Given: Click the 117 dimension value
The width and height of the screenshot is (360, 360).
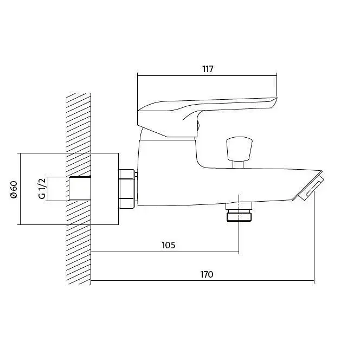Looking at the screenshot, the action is (x=208, y=69).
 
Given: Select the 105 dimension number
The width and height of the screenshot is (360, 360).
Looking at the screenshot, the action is (x=169, y=245).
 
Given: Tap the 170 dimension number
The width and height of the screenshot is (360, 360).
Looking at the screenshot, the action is (x=207, y=274).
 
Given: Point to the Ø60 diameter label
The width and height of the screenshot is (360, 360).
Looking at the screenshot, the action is (x=14, y=189).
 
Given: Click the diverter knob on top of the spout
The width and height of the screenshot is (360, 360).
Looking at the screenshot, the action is (x=239, y=149).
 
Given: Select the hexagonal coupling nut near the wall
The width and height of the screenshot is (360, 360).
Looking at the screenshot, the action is (x=127, y=189).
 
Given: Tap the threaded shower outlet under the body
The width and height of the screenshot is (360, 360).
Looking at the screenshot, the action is (x=239, y=212).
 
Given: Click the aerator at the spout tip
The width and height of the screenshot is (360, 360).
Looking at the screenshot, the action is (x=309, y=186).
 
